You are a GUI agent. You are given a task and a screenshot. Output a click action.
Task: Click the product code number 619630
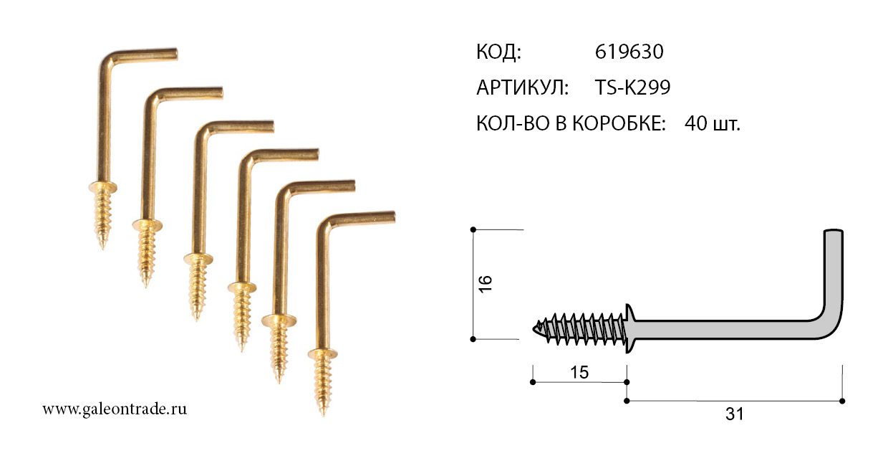(x=629, y=52)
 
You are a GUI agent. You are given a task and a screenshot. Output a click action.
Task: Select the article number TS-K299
(x=633, y=87)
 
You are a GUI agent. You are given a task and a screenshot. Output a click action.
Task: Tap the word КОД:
(x=498, y=52)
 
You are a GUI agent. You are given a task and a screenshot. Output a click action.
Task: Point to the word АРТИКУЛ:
(x=523, y=87)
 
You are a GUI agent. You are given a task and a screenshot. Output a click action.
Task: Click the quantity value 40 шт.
(x=713, y=123)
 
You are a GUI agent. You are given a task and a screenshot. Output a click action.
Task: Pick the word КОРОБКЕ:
(x=619, y=123)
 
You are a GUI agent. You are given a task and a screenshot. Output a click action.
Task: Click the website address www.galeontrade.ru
(x=115, y=409)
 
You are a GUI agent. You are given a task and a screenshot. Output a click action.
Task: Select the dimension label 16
(x=486, y=284)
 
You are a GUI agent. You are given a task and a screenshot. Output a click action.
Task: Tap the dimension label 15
(x=579, y=372)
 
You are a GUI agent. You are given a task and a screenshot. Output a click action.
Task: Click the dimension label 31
(x=734, y=414)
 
